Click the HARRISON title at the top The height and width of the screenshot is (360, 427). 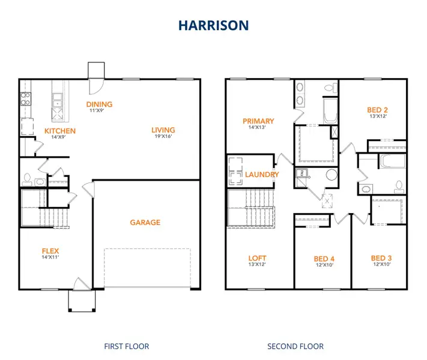click(x=213, y=25)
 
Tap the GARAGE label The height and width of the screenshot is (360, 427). click(x=145, y=223)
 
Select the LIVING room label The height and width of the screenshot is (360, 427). click(x=163, y=130)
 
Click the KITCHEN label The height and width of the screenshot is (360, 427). click(x=60, y=131)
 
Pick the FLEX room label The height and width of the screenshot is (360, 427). click(x=50, y=251)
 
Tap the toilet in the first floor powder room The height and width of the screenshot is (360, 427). click(x=27, y=178)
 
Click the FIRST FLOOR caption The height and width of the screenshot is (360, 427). click(x=127, y=346)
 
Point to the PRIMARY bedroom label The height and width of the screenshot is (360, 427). click(x=258, y=121)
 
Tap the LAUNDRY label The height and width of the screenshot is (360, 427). click(x=262, y=175)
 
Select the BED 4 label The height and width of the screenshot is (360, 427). click(x=324, y=259)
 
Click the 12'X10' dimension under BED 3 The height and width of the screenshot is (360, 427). click(x=381, y=265)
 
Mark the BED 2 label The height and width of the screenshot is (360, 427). click(x=377, y=110)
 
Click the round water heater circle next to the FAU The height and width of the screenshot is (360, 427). click(x=330, y=176)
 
